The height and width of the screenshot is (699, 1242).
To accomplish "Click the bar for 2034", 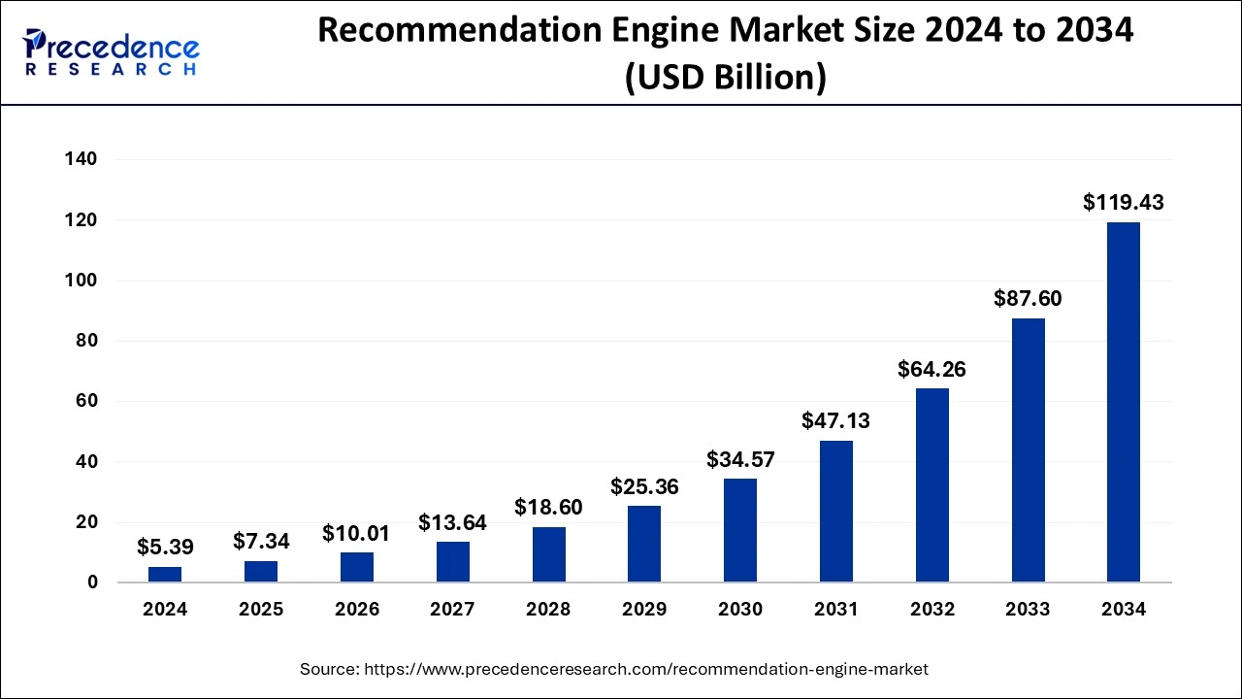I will pos(1123,402).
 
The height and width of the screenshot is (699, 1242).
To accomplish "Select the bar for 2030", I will pos(739,530).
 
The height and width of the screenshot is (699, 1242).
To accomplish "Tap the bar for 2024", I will pos(165,574).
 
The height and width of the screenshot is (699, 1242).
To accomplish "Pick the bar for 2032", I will pos(931,485).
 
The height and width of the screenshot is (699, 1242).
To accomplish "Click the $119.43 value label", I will pos(1123,203).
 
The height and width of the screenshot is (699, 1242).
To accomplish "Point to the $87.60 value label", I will pos(1028,299).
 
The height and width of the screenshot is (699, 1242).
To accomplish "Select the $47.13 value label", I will pos(835,420).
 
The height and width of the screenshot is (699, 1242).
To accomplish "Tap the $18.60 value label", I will pos(548,507).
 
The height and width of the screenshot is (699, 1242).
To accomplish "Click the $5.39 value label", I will pos(165,547).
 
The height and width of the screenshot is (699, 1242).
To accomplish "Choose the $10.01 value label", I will pos(356,533).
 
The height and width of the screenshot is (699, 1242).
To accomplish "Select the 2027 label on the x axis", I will pos(452,610).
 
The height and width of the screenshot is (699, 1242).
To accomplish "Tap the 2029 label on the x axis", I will pos(643,610).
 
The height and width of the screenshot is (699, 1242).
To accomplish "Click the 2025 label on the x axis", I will pos(261,610).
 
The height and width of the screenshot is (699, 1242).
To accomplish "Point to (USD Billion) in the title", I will pos(725,77).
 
